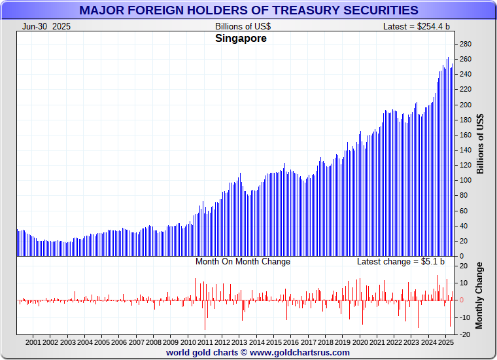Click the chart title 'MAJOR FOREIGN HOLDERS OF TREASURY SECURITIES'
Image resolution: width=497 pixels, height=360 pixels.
point(248,10)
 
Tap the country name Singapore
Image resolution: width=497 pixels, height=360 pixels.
point(241,39)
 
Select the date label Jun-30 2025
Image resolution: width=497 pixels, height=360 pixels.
point(46,26)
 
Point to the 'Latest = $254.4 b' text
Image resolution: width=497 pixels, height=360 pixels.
point(417,26)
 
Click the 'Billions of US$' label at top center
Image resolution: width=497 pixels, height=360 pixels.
point(243,26)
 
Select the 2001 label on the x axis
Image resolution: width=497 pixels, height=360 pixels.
point(33,342)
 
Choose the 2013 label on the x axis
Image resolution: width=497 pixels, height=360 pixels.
point(239,342)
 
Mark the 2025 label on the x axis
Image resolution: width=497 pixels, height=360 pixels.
point(445,342)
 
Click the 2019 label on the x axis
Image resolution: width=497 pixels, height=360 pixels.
point(342,342)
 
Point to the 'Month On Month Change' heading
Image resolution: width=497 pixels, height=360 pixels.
point(243,262)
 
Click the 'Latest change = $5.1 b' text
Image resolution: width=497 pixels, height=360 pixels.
point(400,262)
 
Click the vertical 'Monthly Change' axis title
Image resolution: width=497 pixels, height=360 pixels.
point(479,295)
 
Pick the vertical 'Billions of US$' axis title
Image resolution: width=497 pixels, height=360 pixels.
point(481,144)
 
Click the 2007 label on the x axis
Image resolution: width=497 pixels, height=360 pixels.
point(136,342)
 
